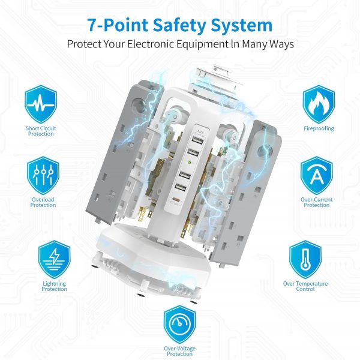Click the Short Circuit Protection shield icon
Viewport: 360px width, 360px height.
[41, 104]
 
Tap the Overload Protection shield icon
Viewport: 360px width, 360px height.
[43, 175]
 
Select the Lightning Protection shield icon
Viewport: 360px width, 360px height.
[54, 259]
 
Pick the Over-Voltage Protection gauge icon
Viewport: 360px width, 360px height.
[180, 325]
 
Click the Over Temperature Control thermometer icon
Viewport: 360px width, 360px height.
[305, 259]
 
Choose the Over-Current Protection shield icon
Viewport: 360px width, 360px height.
[317, 175]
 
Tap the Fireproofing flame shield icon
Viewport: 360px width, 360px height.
[319, 104]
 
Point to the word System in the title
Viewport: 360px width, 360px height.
[242, 25]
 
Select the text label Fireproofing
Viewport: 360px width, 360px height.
[319, 128]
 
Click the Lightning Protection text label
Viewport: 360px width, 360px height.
[55, 286]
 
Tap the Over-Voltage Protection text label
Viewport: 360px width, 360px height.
[180, 351]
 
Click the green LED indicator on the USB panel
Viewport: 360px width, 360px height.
[189, 163]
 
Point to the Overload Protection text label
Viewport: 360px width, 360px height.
[43, 202]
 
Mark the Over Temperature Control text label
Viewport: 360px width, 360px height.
[305, 286]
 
